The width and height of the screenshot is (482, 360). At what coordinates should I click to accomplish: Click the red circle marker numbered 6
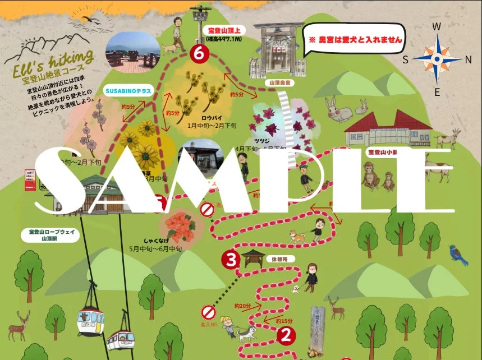coord(199,53)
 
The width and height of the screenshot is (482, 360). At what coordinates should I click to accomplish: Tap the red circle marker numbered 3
coord(231,259)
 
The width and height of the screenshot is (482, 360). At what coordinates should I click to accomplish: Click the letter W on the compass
coord(437,26)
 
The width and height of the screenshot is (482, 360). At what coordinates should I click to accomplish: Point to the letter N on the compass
coord(469,59)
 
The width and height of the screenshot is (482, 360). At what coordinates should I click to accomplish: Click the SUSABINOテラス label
coord(126,89)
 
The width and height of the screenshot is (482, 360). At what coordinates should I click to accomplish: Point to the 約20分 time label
coord(242,306)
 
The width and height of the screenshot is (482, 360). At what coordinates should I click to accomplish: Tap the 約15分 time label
coord(284,321)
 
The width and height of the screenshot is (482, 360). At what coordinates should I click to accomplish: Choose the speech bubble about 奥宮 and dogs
coord(354,40)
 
